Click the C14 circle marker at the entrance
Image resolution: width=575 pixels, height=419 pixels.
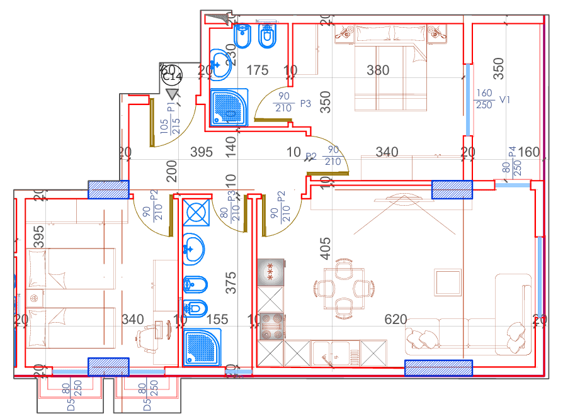click(171, 77)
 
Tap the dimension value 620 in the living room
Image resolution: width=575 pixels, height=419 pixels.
click(396, 320)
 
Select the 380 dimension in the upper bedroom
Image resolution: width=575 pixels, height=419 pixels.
click(378, 70)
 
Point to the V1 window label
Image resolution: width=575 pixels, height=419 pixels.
click(504, 99)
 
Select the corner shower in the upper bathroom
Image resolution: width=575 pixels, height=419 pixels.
click(228, 107)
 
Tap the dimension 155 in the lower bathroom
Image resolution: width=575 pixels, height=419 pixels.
click(217, 320)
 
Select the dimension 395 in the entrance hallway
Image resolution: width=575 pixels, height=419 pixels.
click(202, 152)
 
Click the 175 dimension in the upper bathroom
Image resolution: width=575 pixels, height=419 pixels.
click(257, 70)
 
